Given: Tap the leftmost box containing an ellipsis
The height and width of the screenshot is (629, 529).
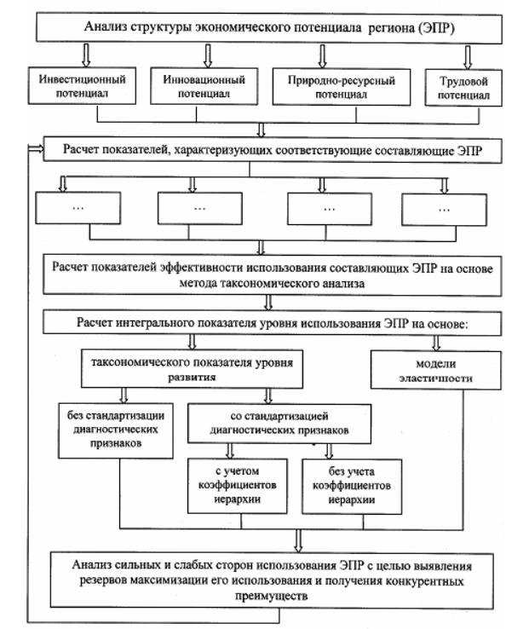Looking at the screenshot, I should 83,210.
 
